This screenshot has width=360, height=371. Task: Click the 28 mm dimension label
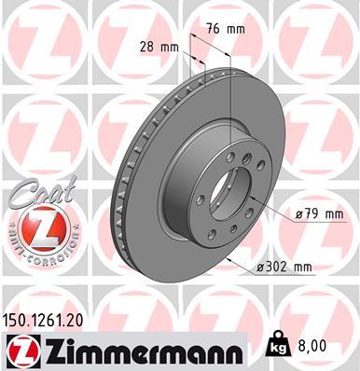tap(159, 46)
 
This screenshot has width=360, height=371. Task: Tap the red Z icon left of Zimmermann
tap(21, 350)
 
